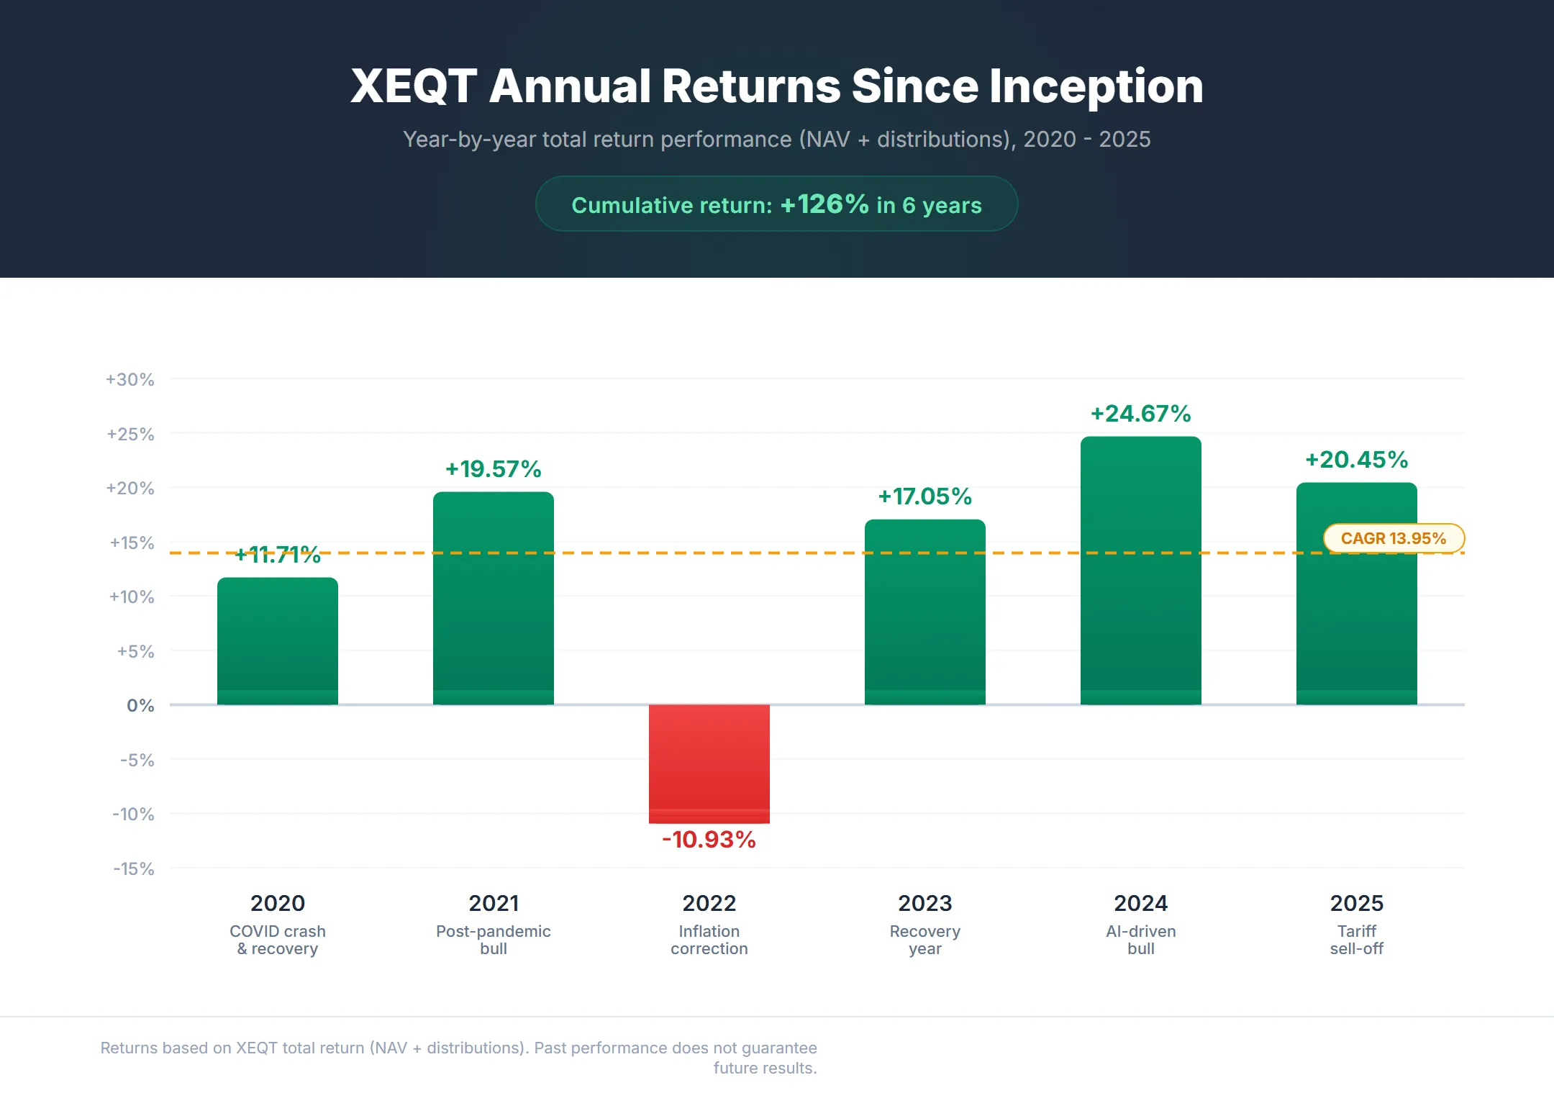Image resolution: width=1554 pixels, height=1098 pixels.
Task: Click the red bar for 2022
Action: point(709,763)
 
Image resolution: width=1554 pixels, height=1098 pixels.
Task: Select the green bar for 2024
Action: point(1140,576)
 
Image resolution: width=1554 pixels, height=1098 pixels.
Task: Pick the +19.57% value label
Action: point(493,469)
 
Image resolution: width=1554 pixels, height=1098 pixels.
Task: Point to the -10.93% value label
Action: point(709,840)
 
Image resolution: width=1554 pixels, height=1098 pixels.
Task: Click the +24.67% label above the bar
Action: point(1140,414)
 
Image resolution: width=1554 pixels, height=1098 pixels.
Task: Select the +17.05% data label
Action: point(924,496)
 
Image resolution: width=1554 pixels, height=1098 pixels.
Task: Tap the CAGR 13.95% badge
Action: point(1394,538)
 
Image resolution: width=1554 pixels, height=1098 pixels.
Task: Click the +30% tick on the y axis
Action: point(130,379)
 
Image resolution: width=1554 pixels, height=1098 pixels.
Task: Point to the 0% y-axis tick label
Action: point(140,705)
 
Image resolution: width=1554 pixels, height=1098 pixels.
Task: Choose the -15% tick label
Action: point(134,868)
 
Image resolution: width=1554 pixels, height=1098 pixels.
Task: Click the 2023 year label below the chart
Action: point(924,903)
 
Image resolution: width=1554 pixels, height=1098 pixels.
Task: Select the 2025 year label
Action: point(1356,903)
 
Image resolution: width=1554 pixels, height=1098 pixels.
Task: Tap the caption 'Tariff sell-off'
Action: point(1356,940)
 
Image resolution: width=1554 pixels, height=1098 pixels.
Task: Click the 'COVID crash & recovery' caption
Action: point(277,940)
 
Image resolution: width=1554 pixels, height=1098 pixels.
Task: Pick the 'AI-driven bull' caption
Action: point(1140,940)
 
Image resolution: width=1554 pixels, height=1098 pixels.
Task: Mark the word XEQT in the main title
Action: point(414,86)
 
